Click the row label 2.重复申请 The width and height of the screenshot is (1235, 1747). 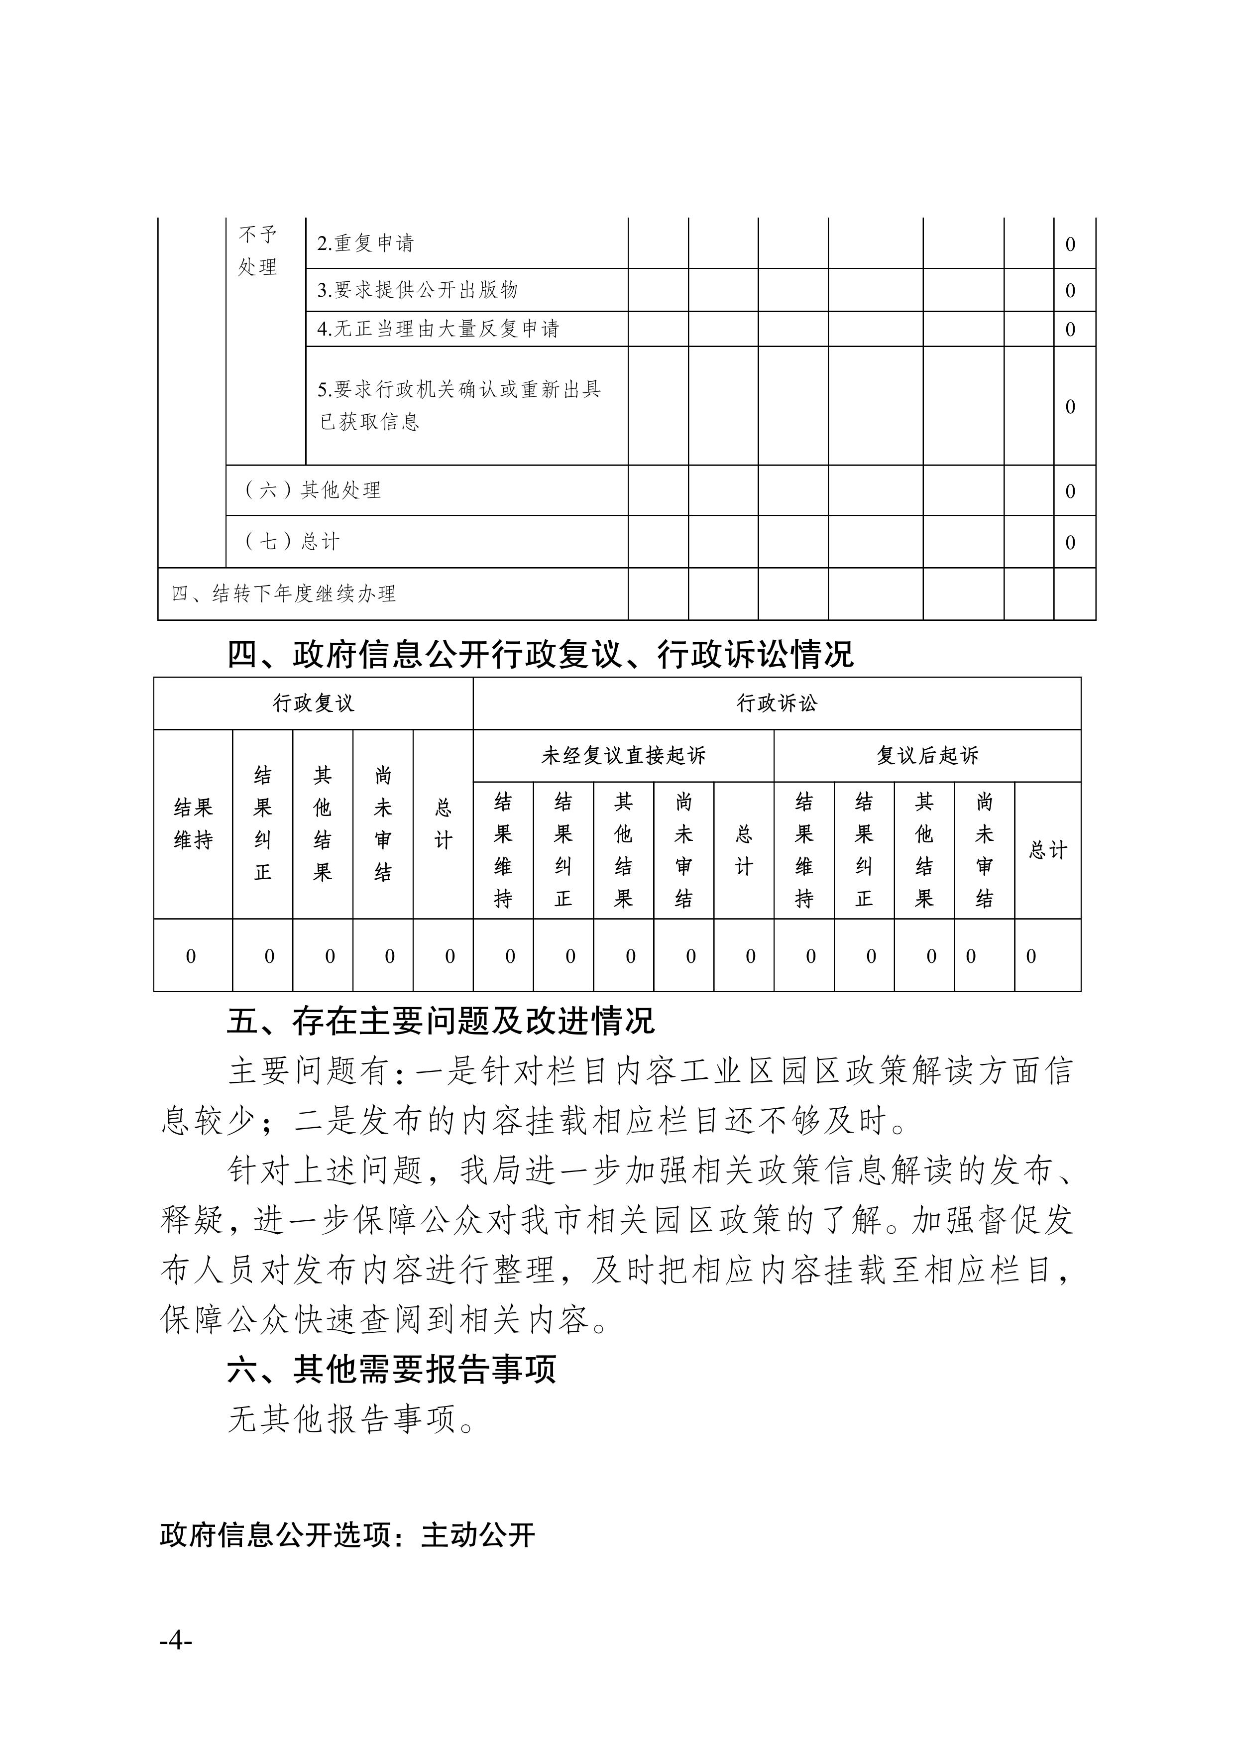365,243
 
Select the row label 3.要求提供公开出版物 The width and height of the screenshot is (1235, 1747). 417,290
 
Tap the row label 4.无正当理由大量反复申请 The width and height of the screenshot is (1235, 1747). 439,329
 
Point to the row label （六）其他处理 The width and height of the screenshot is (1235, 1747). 312,490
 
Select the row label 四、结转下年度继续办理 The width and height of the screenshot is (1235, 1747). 283,593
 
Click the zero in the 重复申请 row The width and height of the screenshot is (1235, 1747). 1070,244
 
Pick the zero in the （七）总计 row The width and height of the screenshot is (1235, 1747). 1070,543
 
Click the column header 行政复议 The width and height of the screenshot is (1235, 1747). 314,703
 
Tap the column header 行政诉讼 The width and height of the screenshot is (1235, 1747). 776,703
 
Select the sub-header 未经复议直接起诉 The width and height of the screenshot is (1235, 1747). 623,756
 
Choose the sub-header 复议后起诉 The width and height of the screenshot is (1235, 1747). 927,756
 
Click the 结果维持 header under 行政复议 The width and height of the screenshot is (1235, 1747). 193,824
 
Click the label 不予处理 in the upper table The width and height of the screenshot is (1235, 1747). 257,250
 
